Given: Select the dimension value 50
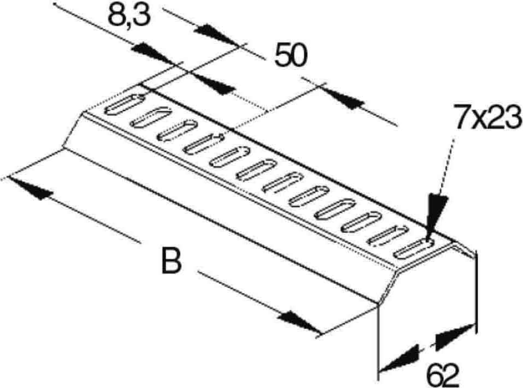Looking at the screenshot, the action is (x=290, y=55).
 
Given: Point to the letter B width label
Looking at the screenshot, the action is (x=172, y=260).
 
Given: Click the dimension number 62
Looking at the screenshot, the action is (x=443, y=375).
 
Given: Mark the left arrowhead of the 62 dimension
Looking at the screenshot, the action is (x=399, y=358).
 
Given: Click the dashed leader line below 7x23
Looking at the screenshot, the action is (x=446, y=163).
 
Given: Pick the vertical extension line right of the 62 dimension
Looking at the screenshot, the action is (x=477, y=293).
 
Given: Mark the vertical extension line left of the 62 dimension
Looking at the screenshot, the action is (x=379, y=342).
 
